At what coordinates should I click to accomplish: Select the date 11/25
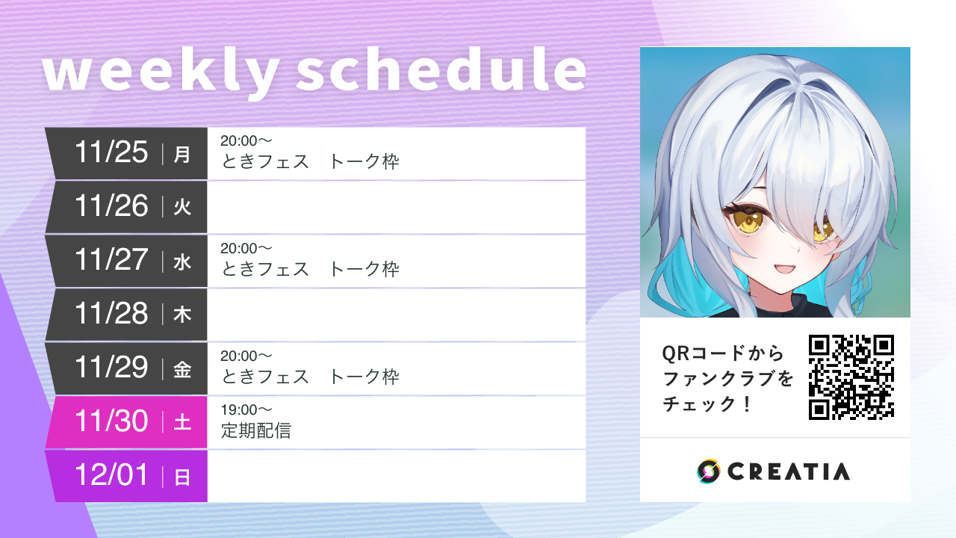tap(111, 152)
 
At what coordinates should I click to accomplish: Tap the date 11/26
tap(111, 206)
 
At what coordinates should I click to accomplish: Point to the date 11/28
tap(111, 314)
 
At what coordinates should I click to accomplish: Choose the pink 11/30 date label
tap(111, 421)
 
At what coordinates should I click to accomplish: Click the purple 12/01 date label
tap(111, 475)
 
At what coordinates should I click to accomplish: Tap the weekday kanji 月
tap(182, 155)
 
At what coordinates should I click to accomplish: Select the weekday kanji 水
tap(182, 262)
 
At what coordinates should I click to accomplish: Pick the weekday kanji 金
tap(182, 370)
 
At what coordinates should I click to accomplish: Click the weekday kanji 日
tap(182, 477)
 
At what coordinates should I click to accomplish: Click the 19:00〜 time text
tap(246, 409)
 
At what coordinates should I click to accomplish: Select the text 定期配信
tap(255, 430)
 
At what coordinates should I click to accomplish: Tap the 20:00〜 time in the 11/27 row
tap(246, 248)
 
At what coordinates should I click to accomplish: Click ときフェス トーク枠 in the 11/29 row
tap(310, 377)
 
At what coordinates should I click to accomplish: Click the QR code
tap(851, 377)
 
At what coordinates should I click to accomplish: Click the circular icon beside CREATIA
tap(708, 471)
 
